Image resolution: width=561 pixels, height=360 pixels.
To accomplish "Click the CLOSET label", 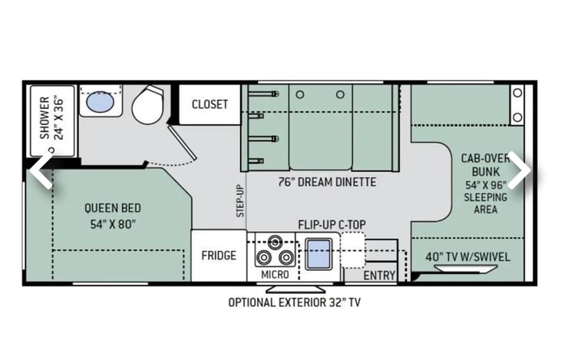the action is (210, 104).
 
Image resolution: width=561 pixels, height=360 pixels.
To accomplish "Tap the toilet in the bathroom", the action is (147, 105).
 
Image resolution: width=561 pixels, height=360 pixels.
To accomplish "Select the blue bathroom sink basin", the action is (101, 101).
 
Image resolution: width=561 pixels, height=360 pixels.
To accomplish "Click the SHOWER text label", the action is (45, 117).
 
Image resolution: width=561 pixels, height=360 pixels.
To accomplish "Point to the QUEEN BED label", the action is (113, 208).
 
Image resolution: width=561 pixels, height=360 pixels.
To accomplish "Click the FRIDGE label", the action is (219, 255).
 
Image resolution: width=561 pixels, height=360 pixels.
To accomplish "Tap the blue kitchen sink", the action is (318, 254).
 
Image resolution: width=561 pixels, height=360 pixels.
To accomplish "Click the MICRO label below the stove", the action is (275, 275).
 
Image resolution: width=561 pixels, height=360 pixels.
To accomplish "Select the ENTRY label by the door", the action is (379, 276).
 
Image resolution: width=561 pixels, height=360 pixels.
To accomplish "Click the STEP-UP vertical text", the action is (240, 201).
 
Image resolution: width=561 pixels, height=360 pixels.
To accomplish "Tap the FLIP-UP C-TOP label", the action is (332, 225).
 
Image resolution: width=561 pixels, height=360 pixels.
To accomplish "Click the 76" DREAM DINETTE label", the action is (328, 182).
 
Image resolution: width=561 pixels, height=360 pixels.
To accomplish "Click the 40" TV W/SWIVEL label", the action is (467, 257).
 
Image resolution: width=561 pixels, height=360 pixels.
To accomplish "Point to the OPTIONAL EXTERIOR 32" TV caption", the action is (295, 302).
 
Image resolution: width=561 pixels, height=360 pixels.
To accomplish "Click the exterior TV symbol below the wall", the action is (295, 289).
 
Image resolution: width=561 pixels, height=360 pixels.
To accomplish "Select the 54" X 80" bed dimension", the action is (113, 224).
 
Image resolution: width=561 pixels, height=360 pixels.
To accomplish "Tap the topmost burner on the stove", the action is (275, 243).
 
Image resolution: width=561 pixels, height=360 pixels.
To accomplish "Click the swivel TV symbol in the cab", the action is (466, 269).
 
